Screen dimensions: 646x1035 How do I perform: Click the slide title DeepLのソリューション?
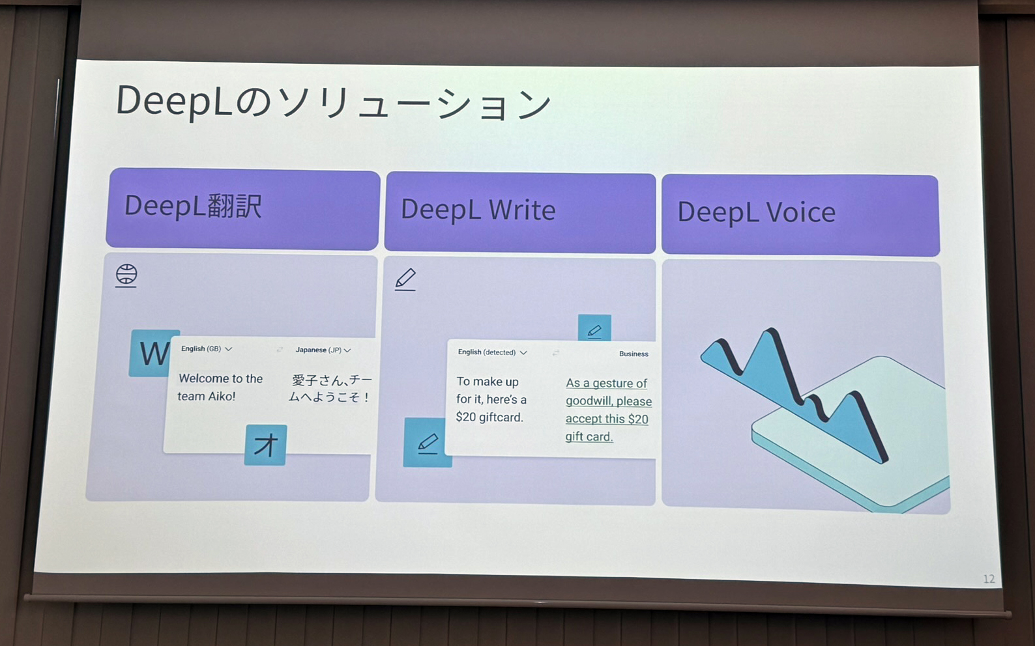coord(333,103)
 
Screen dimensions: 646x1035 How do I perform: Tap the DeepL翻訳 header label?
coord(193,206)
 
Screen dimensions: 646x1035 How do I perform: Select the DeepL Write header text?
coord(478,210)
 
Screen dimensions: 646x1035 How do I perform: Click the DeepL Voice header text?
coord(756,212)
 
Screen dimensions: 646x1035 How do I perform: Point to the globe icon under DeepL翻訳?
coord(126,275)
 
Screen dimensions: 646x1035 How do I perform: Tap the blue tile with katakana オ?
coord(265,445)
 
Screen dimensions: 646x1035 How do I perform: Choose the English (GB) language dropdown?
coord(206,349)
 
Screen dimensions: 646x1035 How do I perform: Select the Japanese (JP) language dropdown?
coord(323,350)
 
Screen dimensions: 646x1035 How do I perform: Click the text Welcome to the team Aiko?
coord(220,387)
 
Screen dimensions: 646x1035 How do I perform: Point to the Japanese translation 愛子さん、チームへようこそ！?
coord(330,388)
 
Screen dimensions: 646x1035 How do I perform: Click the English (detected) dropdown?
coord(492,352)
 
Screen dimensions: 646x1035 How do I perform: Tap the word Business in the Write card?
coord(634,354)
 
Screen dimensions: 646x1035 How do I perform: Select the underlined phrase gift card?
coord(589,436)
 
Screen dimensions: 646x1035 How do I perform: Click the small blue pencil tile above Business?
coord(594,329)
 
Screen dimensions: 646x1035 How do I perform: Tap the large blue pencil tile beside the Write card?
coord(427,443)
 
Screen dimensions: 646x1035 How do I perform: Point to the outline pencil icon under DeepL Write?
coord(405,279)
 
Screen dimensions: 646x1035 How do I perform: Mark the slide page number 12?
coord(988,579)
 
